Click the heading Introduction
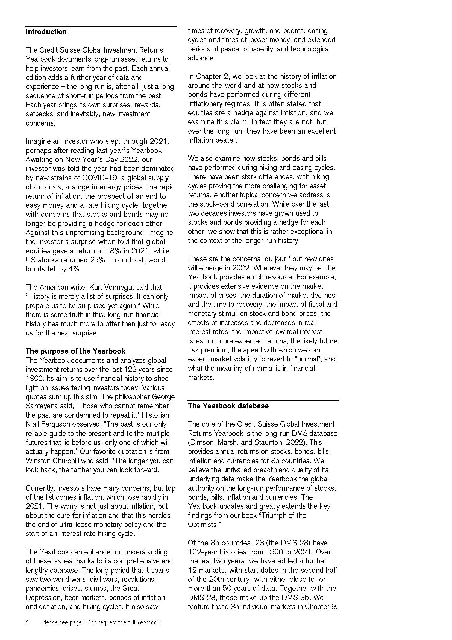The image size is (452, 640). click(46, 32)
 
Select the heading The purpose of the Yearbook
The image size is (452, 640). click(75, 351)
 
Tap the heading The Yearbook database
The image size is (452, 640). click(228, 406)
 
